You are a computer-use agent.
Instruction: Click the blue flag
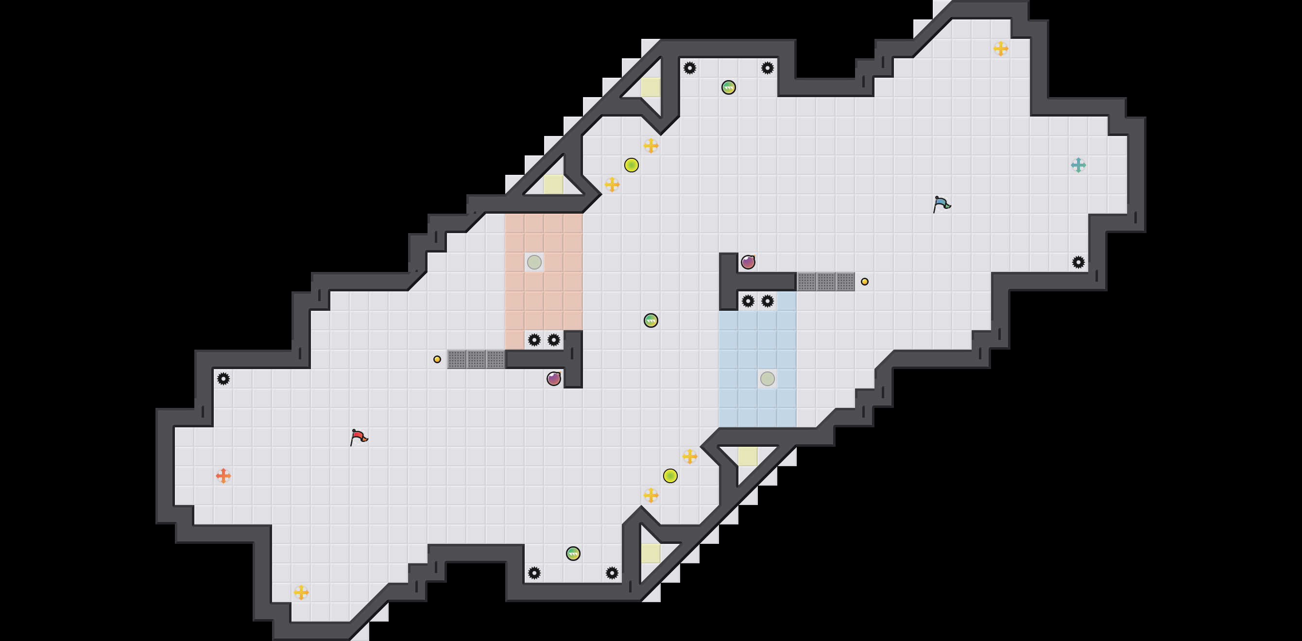(x=941, y=203)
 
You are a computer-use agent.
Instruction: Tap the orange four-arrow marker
(x=223, y=475)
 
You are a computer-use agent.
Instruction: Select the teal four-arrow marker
(x=1078, y=165)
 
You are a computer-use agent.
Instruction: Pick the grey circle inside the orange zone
(x=534, y=262)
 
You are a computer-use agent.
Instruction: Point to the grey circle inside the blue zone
(x=767, y=378)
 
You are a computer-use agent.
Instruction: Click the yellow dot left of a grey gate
(x=437, y=359)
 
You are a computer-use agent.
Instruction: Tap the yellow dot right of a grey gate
(x=865, y=281)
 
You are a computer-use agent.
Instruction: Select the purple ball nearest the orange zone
(x=553, y=378)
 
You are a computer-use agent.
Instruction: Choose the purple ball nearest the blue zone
(x=748, y=262)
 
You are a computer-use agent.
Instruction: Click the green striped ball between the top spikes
(x=728, y=87)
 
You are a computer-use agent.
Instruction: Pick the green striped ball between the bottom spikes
(x=573, y=553)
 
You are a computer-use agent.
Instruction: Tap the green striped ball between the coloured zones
(x=651, y=320)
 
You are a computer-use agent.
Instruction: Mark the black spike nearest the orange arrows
(x=223, y=378)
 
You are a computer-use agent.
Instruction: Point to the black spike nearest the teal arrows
(x=1078, y=262)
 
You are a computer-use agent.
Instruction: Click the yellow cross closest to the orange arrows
(x=301, y=592)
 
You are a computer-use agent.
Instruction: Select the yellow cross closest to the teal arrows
(x=1001, y=49)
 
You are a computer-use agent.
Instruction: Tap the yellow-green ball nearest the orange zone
(x=631, y=165)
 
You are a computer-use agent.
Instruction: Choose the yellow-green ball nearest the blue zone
(x=670, y=475)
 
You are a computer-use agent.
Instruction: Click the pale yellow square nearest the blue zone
(x=748, y=456)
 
